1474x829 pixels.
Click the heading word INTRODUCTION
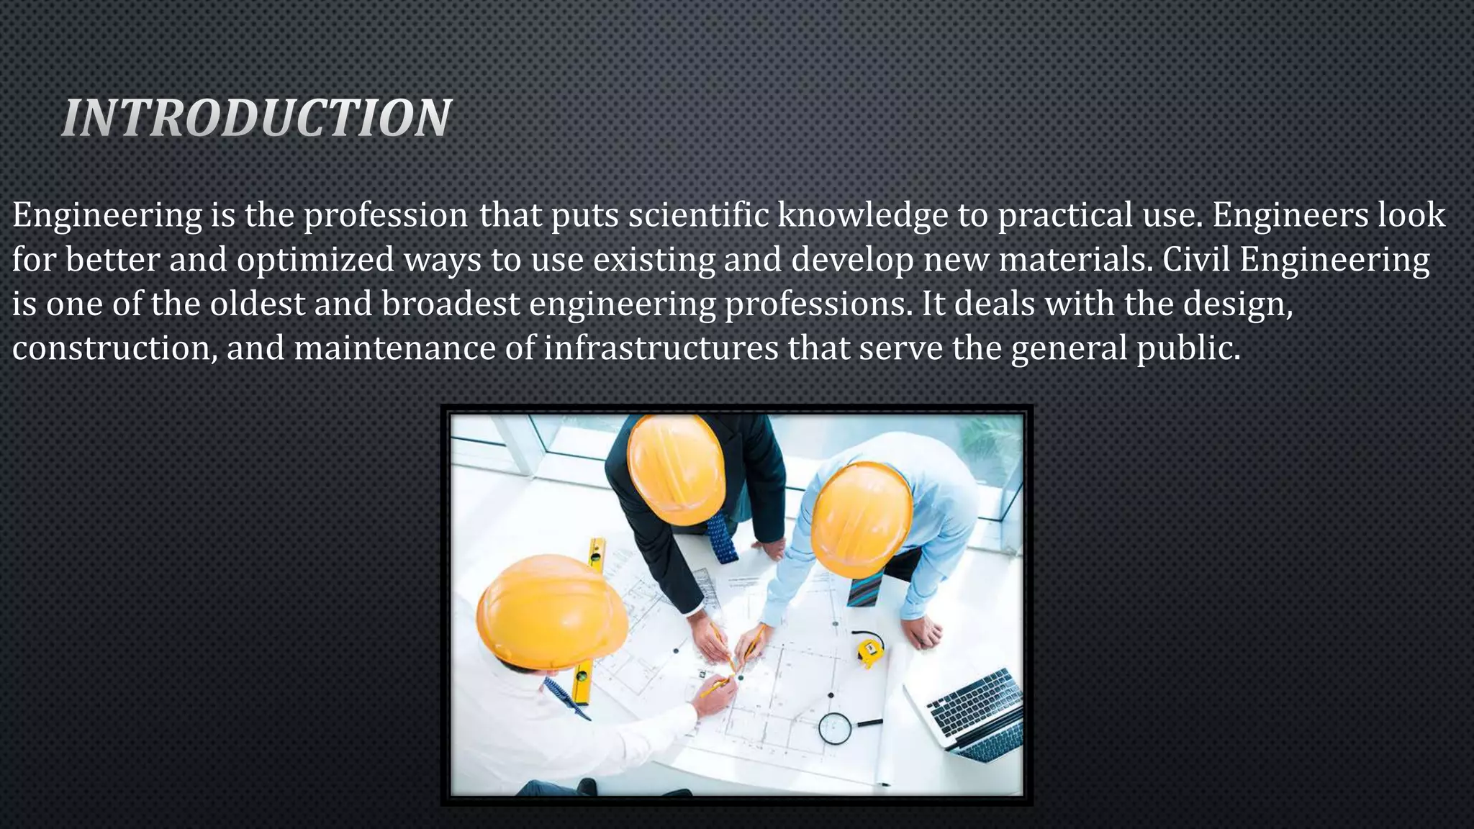point(256,118)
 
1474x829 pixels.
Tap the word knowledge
point(862,215)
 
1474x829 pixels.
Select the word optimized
point(315,260)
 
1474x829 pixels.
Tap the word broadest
point(451,304)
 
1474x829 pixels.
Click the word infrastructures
point(661,348)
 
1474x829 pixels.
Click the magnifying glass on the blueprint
point(836,728)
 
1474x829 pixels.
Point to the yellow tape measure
point(870,649)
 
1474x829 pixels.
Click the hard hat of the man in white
point(551,608)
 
